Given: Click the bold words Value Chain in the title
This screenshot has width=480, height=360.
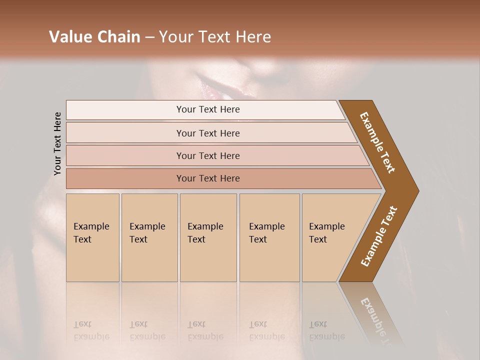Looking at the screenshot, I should pos(94,37).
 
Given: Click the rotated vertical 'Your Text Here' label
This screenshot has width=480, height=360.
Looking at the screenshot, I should pos(57,143).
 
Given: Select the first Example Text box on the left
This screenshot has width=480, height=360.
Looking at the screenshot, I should pos(92,237).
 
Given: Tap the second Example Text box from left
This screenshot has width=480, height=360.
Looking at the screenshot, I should pos(149,237).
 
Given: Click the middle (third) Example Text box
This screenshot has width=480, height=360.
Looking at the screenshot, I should pos(208,237).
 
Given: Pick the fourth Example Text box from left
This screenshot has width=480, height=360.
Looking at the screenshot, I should pos(269,237).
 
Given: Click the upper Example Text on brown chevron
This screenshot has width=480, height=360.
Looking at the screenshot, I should pos(377,142).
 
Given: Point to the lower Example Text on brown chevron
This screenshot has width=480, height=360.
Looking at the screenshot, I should pos(378,236).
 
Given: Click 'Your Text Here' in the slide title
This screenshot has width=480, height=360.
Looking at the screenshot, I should pos(215,37).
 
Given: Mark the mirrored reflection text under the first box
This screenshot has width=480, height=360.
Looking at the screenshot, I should pos(91,330).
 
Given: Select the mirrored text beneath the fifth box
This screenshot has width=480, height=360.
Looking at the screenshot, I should pos(326,330).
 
